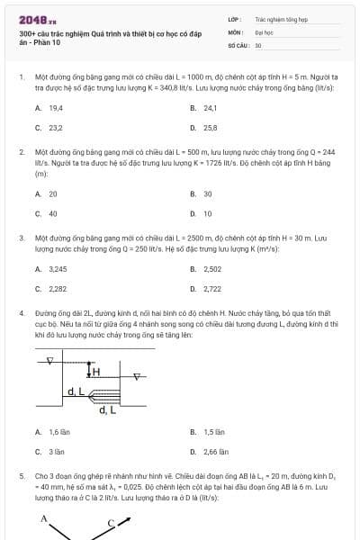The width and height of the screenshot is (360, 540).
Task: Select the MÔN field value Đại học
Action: [x=263, y=31]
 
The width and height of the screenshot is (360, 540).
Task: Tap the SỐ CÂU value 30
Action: [x=258, y=44]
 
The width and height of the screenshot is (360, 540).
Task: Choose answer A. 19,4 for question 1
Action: [x=49, y=107]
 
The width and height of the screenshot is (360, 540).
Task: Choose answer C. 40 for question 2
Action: [x=47, y=213]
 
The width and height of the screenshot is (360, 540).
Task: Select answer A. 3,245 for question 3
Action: [x=51, y=268]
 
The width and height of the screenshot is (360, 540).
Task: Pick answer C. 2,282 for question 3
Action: [x=51, y=288]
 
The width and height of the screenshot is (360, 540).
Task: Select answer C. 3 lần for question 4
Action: [x=49, y=452]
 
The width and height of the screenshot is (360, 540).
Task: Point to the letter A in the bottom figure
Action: [x=42, y=518]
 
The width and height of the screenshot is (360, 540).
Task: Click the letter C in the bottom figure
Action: [x=112, y=521]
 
